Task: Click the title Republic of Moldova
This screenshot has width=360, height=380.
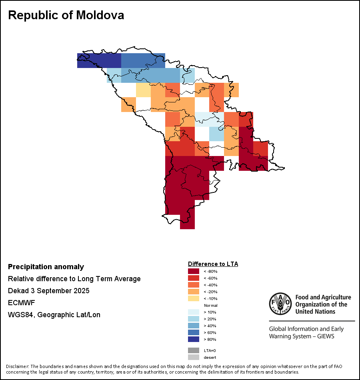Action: [x=66, y=15]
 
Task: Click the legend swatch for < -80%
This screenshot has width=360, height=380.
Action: [x=194, y=271]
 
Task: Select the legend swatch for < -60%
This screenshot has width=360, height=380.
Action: [x=194, y=278]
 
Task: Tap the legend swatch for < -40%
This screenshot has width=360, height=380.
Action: [x=194, y=285]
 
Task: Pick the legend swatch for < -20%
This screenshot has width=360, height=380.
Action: [x=194, y=292]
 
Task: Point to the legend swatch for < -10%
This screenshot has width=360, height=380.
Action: [x=194, y=298]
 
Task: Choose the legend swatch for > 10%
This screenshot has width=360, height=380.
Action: [x=194, y=312]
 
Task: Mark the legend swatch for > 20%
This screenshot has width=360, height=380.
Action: [x=194, y=319]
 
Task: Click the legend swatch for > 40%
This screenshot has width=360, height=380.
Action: [x=194, y=326]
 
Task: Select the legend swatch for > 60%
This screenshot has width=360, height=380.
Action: [x=194, y=332]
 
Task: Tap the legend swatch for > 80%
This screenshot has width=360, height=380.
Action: [x=194, y=339]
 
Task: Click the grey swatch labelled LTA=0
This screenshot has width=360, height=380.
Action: [x=194, y=350]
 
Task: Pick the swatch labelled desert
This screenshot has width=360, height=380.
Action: [x=194, y=357]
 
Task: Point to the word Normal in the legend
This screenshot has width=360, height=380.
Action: [x=210, y=305]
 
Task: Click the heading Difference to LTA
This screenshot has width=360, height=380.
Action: [x=213, y=264]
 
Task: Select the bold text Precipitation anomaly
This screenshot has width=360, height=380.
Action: [x=46, y=267]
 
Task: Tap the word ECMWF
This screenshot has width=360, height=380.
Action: [x=22, y=303]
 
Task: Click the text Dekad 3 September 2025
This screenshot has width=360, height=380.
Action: [x=49, y=291]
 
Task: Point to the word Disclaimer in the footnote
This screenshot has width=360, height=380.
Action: [x=17, y=366]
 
